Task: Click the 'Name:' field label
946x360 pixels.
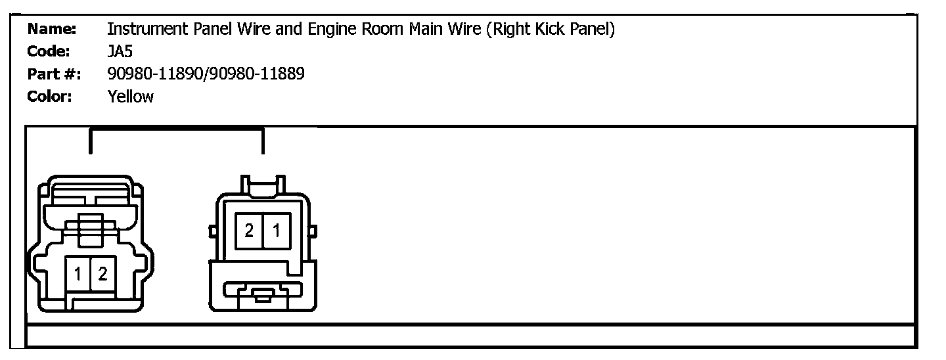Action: [x=52, y=30]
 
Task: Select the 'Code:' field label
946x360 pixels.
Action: [x=50, y=52]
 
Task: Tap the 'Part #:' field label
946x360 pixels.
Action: [x=54, y=74]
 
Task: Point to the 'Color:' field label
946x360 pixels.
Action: [x=49, y=97]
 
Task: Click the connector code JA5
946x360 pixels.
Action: [x=120, y=52]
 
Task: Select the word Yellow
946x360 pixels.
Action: [x=130, y=97]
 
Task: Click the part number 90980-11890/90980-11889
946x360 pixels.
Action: [x=206, y=74]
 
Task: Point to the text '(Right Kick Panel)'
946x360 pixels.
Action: [x=551, y=30]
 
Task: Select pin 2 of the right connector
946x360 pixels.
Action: [x=249, y=231]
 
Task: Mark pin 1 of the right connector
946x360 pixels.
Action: [x=277, y=231]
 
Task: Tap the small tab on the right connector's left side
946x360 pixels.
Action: [x=212, y=232]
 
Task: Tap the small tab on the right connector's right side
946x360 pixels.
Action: [x=313, y=232]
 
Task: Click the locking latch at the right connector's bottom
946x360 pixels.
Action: [x=263, y=294]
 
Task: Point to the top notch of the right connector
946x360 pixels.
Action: [x=263, y=186]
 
